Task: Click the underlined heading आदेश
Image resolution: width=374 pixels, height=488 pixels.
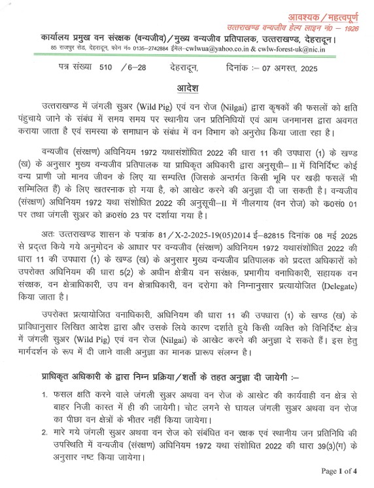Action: [186, 88]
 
